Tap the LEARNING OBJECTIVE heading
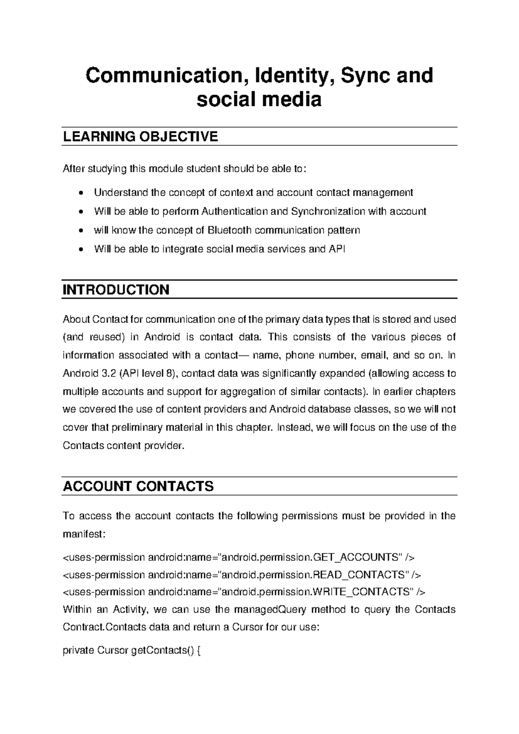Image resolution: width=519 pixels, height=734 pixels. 140,137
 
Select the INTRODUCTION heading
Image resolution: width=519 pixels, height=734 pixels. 116,290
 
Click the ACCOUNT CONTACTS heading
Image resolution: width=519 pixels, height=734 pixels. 138,486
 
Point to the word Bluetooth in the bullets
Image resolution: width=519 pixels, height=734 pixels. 230,230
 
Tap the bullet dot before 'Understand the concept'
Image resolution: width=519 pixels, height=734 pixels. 80,193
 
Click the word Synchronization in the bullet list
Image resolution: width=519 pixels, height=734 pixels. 328,211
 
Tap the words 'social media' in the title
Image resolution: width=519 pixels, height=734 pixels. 259,100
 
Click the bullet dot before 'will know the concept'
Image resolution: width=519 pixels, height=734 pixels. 80,231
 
